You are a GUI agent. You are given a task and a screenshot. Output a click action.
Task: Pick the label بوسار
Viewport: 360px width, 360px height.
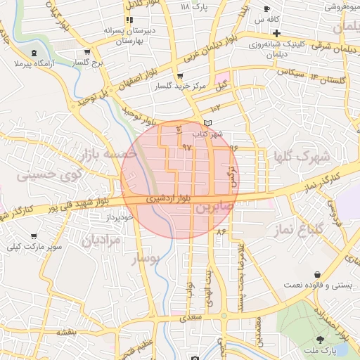pos(147,259)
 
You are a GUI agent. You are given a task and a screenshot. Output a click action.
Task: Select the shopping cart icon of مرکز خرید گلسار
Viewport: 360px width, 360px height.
pos(181,76)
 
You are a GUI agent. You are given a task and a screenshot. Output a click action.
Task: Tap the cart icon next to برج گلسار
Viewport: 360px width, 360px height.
pos(86,52)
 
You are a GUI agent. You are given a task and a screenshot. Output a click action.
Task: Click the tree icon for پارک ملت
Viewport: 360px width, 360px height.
pos(321,340)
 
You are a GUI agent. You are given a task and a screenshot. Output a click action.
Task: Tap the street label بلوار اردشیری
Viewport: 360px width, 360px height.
pos(166,199)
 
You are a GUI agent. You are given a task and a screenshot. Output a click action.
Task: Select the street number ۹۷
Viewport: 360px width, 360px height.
pos(186,147)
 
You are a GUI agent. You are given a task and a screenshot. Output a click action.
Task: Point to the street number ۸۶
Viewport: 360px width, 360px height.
pos(223,231)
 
